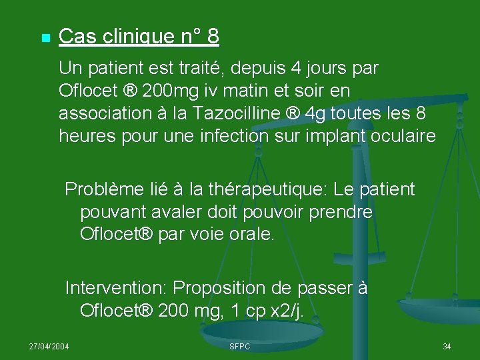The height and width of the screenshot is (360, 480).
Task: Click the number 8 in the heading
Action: click(213, 37)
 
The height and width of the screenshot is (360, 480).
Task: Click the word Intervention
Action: click(116, 289)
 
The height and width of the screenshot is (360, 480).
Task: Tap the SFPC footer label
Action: click(239, 347)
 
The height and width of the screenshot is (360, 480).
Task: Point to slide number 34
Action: click(447, 347)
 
